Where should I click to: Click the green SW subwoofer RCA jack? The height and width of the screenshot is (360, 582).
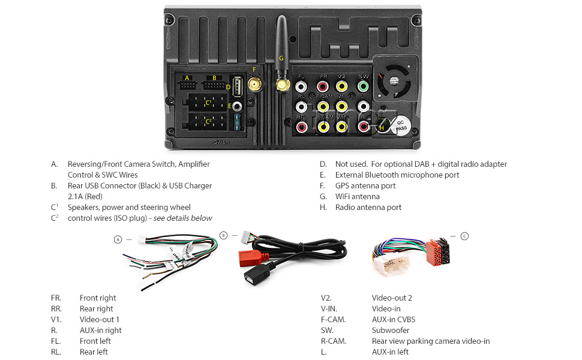363,87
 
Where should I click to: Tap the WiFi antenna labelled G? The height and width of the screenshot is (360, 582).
281,54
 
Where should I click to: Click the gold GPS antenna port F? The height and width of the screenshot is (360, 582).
255,86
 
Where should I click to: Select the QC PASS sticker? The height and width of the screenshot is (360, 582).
401,125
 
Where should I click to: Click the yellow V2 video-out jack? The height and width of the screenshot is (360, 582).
341,87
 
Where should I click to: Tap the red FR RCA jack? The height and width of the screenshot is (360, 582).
323,87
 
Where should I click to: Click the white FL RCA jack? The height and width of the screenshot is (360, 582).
301,87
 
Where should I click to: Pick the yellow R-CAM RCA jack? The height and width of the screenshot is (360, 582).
323,126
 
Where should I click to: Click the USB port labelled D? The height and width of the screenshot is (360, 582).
236,88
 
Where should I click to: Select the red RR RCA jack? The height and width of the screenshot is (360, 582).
301,126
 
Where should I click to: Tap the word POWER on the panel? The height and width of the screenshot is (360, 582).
220,143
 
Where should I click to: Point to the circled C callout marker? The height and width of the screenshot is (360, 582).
464,236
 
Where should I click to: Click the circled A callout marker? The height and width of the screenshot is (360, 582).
118,239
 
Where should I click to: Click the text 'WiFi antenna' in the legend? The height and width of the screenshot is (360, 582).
357,196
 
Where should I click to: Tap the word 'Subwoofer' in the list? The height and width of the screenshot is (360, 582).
391,330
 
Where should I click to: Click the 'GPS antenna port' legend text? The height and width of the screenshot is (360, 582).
365,185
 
